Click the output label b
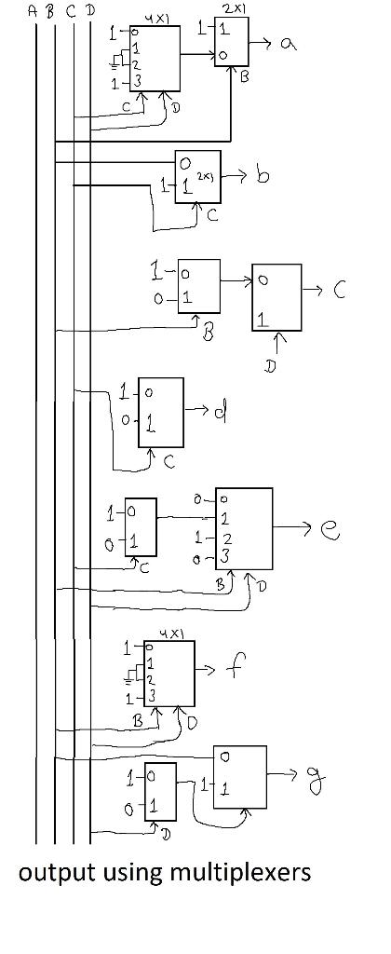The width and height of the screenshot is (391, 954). [x=263, y=176]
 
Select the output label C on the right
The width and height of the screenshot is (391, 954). [x=340, y=291]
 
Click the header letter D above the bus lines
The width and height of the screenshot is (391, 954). [x=89, y=11]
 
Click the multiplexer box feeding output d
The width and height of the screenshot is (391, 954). [x=159, y=412]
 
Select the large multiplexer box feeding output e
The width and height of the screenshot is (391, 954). [x=244, y=528]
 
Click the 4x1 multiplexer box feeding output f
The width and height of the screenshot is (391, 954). [x=169, y=673]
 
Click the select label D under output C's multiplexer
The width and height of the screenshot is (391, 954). [x=270, y=367]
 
